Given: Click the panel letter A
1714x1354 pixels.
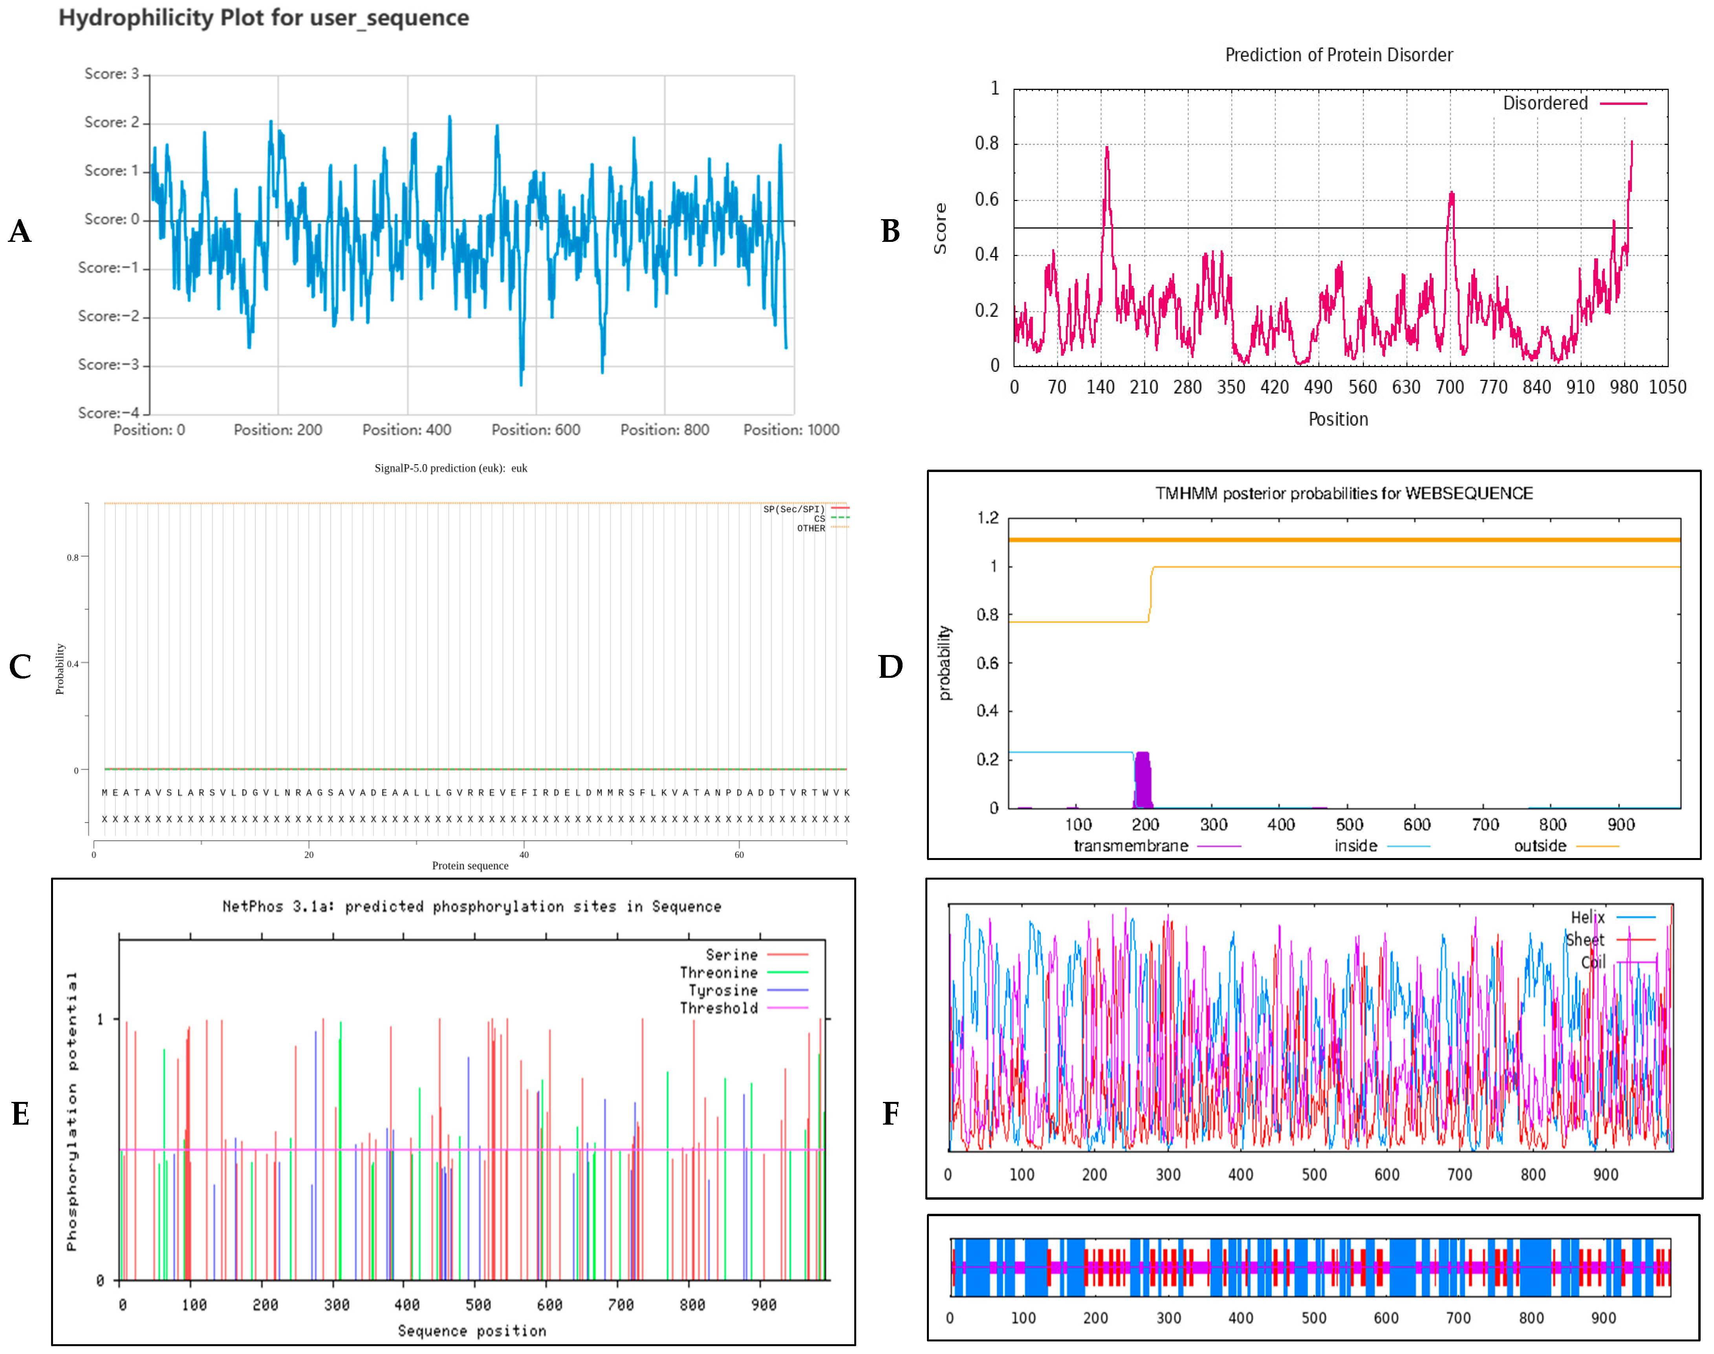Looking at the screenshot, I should (20, 231).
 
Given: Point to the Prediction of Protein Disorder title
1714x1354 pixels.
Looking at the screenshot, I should (1338, 55).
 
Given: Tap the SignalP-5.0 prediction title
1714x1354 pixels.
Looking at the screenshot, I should (450, 468).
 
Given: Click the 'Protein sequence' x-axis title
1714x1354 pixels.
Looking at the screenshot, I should (470, 865).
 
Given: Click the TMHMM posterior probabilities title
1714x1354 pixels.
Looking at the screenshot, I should (1344, 493).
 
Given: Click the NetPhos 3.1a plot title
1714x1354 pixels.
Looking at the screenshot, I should (472, 906).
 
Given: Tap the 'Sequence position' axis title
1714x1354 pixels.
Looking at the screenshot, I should (472, 1330).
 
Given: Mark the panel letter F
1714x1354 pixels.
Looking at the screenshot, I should (890, 1114).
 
